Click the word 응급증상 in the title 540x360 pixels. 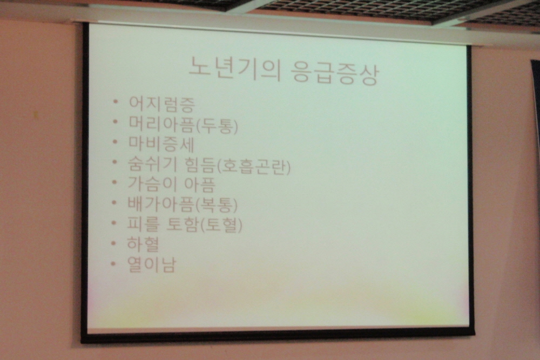pyautogui.click(x=334, y=72)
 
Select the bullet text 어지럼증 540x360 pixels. pyautogui.click(x=161, y=104)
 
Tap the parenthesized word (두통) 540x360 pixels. pyautogui.click(x=217, y=125)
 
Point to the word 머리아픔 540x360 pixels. pyautogui.click(x=161, y=124)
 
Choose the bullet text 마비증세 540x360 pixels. pyautogui.click(x=161, y=144)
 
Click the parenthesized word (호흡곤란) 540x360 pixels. pyautogui.click(x=254, y=166)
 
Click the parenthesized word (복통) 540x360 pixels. pyautogui.click(x=217, y=205)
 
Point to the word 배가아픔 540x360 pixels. pyautogui.click(x=161, y=203)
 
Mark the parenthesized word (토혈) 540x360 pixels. pyautogui.click(x=221, y=225)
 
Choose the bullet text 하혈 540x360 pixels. pyautogui.click(x=143, y=243)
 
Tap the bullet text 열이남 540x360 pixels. pyautogui.click(x=152, y=264)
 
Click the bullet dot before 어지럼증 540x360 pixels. pyautogui.click(x=116, y=102)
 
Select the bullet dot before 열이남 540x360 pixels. pyautogui.click(x=113, y=264)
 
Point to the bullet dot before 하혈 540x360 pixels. pyautogui.click(x=113, y=243)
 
